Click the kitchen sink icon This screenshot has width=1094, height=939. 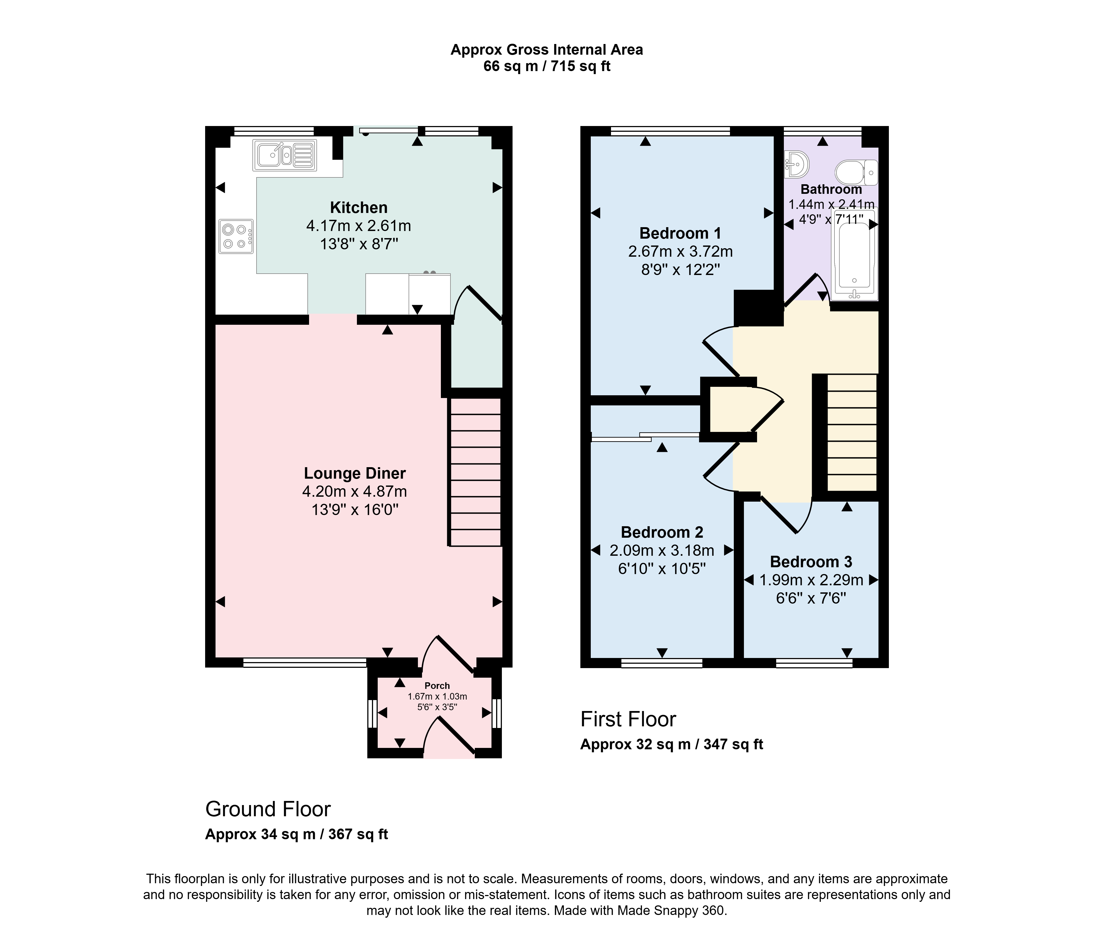click(285, 155)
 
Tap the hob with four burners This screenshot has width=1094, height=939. click(236, 236)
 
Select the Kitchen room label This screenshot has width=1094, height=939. click(359, 207)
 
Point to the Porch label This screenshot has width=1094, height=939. click(437, 686)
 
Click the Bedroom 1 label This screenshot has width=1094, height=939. click(680, 233)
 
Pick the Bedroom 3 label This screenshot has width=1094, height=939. click(811, 561)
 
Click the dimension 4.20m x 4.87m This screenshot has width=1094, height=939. click(355, 492)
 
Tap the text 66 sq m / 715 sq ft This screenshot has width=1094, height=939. click(547, 66)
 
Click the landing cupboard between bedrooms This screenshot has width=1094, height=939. click(729, 409)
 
